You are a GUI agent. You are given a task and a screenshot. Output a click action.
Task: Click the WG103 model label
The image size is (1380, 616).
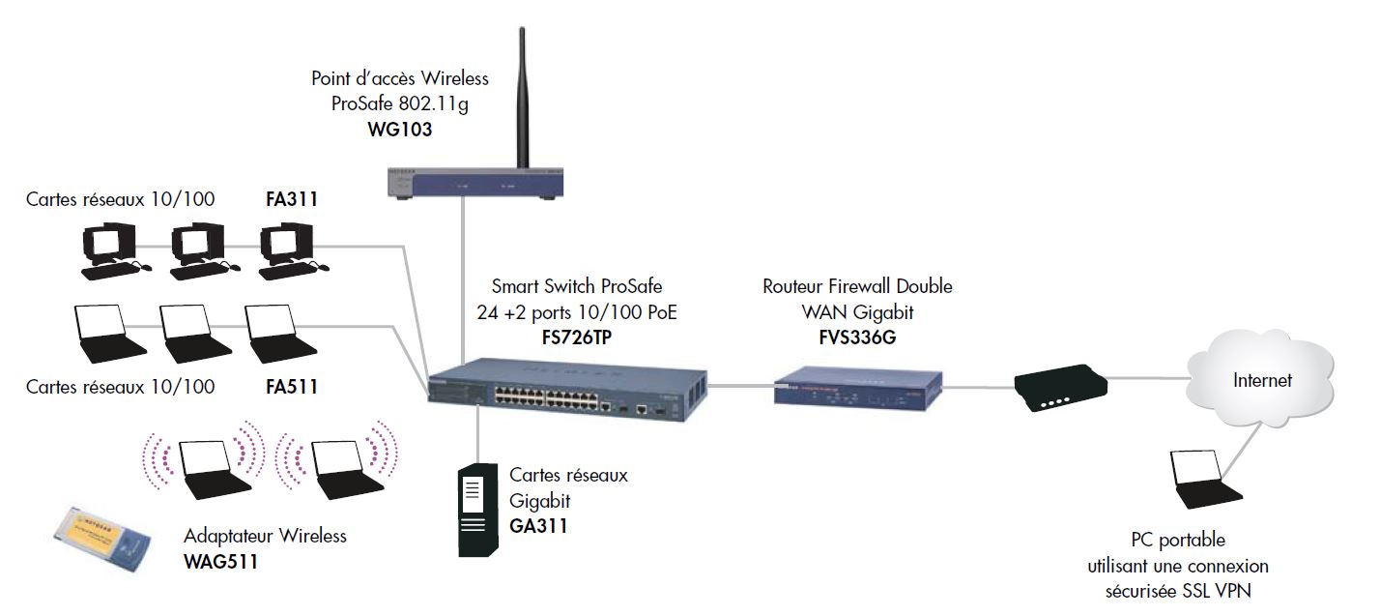[x=399, y=129]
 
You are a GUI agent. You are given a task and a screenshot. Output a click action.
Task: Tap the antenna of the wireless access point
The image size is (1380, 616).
[x=523, y=97]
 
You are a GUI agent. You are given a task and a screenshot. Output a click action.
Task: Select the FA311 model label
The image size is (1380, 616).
[x=292, y=201]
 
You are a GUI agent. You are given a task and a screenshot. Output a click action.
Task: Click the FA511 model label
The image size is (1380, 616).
[x=292, y=387]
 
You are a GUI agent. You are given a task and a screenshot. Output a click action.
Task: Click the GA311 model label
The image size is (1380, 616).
[x=538, y=527]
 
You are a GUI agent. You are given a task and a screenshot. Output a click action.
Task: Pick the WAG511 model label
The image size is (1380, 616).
[x=221, y=562]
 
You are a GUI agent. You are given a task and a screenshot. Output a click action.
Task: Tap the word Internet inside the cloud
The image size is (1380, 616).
[x=1262, y=380]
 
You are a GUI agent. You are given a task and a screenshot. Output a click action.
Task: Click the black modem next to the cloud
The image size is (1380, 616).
[x=1058, y=387]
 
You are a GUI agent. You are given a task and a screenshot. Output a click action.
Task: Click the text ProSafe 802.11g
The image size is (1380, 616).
[x=399, y=103]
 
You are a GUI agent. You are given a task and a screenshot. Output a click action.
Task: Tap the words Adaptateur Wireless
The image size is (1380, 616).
[x=265, y=536]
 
